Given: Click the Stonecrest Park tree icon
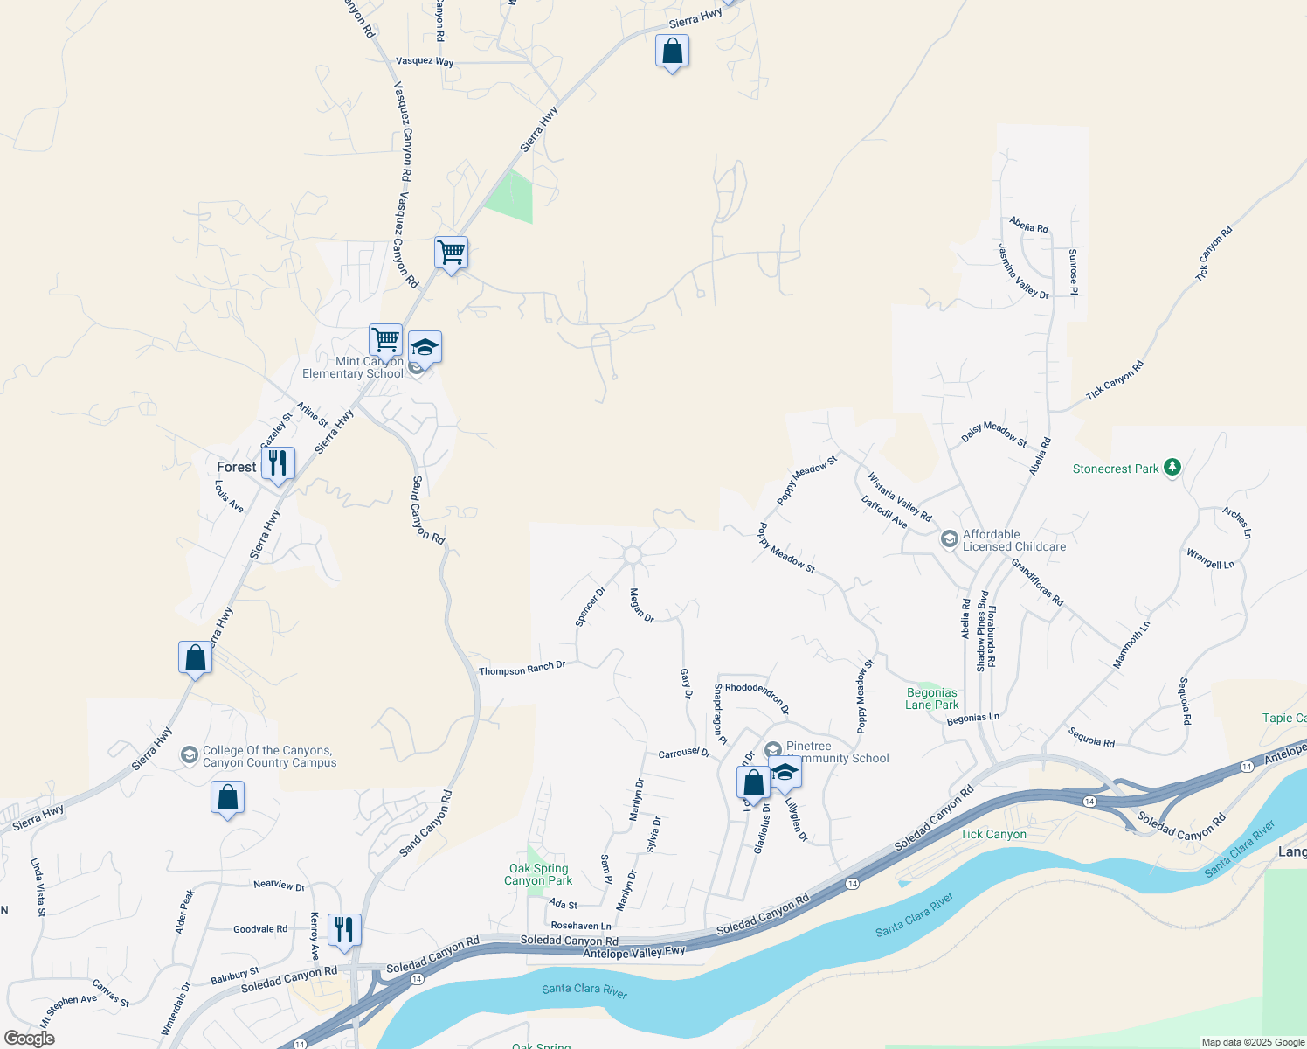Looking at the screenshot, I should tap(1172, 468).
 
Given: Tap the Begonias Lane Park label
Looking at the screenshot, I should tap(932, 698).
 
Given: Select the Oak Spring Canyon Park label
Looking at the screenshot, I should tap(538, 874).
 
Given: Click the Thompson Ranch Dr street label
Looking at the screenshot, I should tap(522, 669).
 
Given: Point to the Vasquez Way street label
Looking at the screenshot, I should tap(425, 61).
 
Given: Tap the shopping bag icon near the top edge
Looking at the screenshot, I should tap(672, 52).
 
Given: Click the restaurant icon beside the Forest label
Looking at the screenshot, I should tap(278, 463).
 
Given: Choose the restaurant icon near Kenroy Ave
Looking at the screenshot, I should tap(344, 930).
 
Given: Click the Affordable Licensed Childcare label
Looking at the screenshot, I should tap(1013, 540).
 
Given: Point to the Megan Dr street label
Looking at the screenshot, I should tap(642, 605).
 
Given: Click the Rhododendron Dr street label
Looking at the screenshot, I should tap(757, 697).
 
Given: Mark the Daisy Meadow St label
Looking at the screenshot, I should tap(994, 434).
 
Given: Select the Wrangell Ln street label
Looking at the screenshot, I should tap(1210, 559).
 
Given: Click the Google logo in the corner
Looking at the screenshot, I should tap(29, 1039).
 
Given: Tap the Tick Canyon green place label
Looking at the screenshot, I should tap(993, 834).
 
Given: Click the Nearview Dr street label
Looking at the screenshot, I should tap(280, 885).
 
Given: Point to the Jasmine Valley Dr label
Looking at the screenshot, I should tap(1023, 272).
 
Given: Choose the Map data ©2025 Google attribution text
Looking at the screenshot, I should tap(1253, 1042).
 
